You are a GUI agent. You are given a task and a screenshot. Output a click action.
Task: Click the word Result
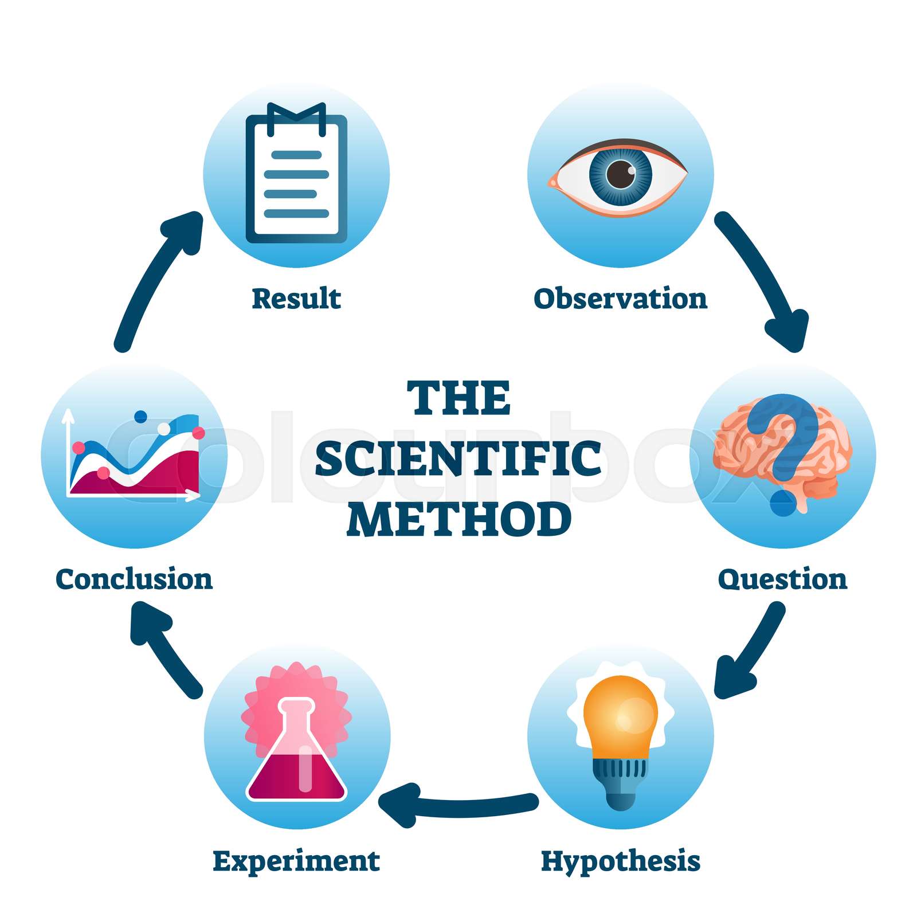(296, 299)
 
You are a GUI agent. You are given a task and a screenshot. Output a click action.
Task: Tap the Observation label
(621, 299)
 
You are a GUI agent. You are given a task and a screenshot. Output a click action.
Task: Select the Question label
(782, 580)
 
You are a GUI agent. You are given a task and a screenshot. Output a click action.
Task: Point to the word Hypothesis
(621, 861)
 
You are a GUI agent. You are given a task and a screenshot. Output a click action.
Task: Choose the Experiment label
(296, 861)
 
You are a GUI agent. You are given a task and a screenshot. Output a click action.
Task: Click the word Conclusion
(134, 579)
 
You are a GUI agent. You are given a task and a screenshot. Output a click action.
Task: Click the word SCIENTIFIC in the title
(458, 459)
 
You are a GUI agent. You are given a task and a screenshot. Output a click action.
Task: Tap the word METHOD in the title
(459, 519)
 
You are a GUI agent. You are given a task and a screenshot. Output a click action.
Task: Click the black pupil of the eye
(621, 174)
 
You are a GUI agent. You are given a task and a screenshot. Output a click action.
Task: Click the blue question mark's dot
(783, 503)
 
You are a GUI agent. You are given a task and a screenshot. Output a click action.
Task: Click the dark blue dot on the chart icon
(140, 417)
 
